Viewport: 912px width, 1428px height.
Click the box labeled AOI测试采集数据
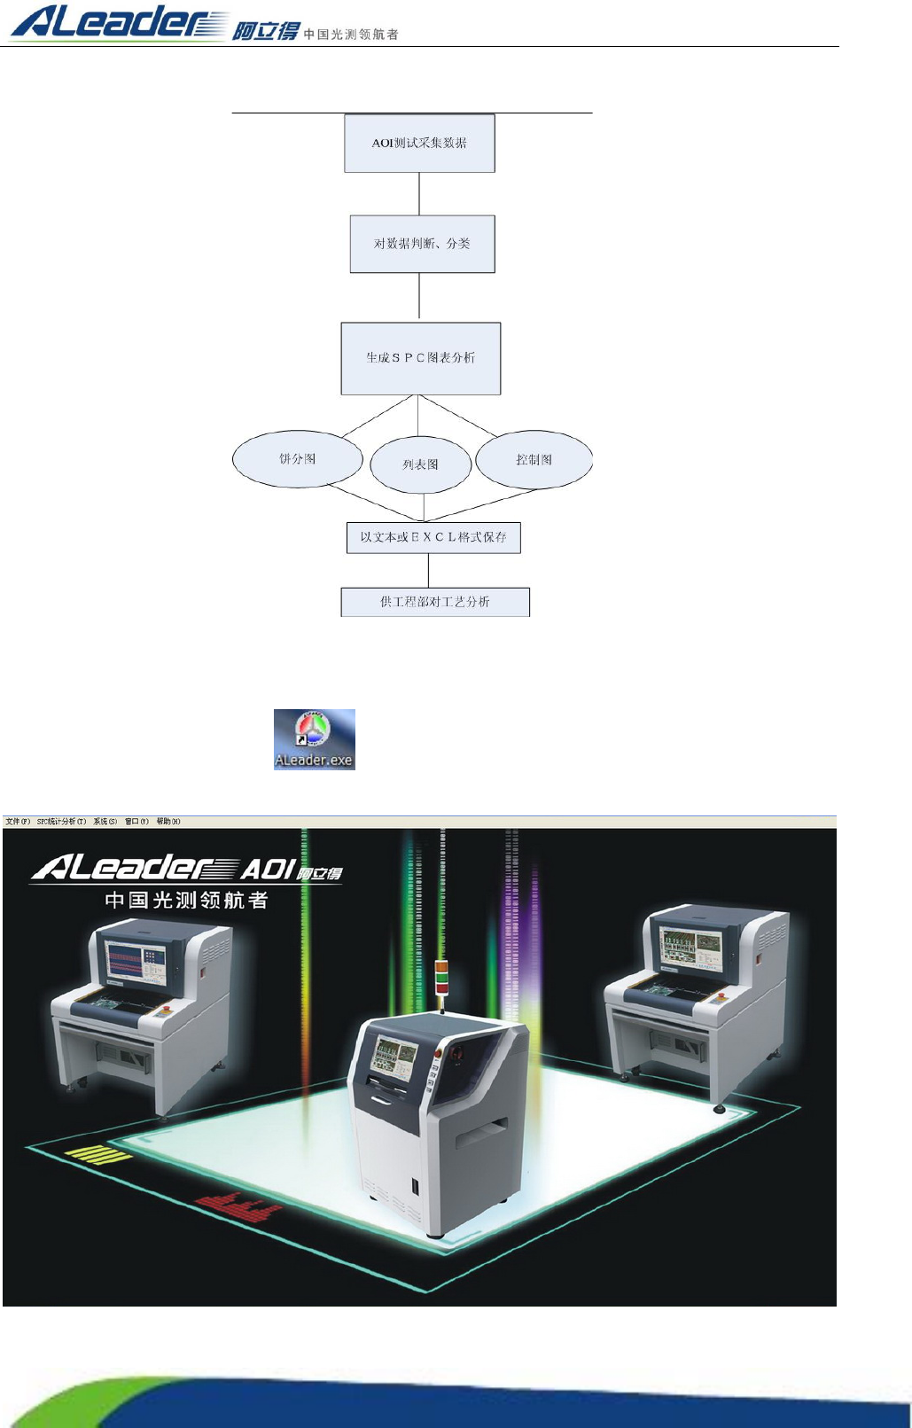click(x=419, y=143)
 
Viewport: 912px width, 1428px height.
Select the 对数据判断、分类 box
click(x=422, y=244)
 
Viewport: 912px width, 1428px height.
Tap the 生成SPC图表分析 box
click(x=421, y=358)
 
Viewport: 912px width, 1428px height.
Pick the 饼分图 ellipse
click(x=298, y=459)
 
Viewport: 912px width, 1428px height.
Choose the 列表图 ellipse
click(x=420, y=464)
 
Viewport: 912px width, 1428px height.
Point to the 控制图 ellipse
click(x=534, y=459)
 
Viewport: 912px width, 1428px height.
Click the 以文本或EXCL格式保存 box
click(x=433, y=537)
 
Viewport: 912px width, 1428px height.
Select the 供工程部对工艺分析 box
click(x=435, y=602)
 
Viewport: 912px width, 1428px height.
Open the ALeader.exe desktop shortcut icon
click(x=314, y=738)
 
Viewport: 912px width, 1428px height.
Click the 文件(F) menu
click(x=18, y=822)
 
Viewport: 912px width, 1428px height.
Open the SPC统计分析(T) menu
click(x=61, y=822)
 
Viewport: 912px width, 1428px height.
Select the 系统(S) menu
click(x=105, y=822)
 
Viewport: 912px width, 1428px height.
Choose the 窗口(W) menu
click(x=136, y=822)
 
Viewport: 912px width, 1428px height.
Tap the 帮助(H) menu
click(x=168, y=822)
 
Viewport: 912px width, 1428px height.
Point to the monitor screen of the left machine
click(x=136, y=961)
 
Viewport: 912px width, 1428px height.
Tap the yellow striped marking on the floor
click(x=97, y=1154)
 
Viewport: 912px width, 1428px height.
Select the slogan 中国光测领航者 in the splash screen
click(x=186, y=901)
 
